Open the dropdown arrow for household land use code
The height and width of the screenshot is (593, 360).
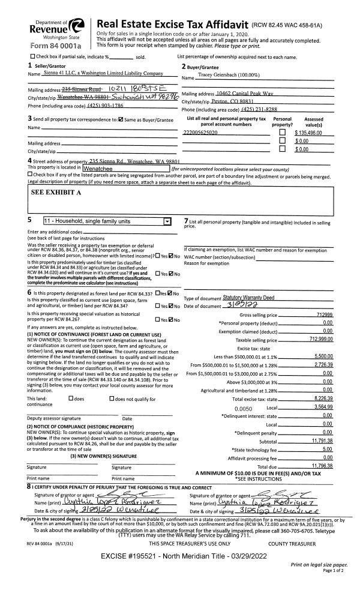167,220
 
